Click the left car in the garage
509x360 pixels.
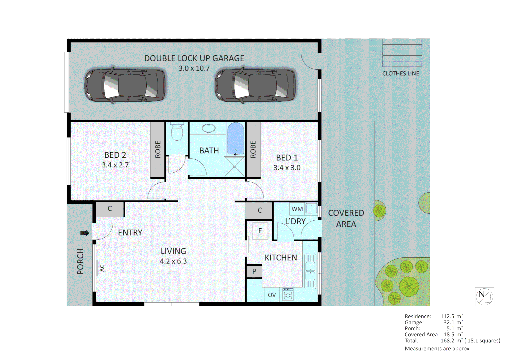pyautogui.click(x=125, y=85)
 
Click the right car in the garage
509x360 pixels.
pyautogui.click(x=255, y=85)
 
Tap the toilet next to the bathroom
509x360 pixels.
pyautogui.click(x=177, y=132)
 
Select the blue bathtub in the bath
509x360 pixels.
pyautogui.click(x=236, y=138)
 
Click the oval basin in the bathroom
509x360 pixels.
pyautogui.click(x=209, y=128)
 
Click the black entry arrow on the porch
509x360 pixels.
pyautogui.click(x=85, y=233)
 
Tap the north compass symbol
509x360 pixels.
pyautogui.click(x=484, y=296)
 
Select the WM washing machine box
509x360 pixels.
pyautogui.click(x=297, y=209)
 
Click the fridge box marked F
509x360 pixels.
pyautogui.click(x=260, y=231)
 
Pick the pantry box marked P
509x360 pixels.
pyautogui.click(x=254, y=271)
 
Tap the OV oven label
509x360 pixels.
pyautogui.click(x=272, y=295)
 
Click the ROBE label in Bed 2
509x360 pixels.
pyautogui.click(x=158, y=149)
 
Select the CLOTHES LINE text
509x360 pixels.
pyautogui.click(x=400, y=73)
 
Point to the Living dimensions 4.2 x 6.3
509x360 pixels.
pyautogui.click(x=173, y=261)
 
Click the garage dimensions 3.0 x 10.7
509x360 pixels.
pyautogui.click(x=194, y=68)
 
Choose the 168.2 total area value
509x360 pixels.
pyautogui.click(x=447, y=341)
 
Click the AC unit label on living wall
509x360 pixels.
pyautogui.click(x=102, y=268)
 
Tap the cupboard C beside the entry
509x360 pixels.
pyautogui.click(x=110, y=209)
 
